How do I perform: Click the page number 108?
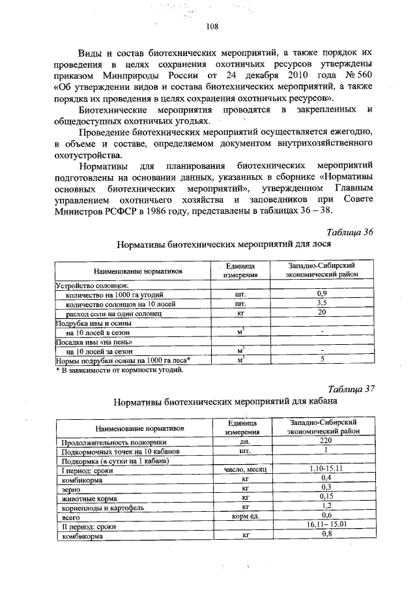tap(210, 26)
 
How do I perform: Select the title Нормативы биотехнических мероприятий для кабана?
tap(225, 402)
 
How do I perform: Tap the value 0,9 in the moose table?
tap(321, 294)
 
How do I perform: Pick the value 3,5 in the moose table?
tap(321, 303)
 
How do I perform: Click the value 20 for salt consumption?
tap(321, 313)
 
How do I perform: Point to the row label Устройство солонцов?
tap(91, 285)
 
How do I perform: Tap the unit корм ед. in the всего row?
tap(246, 515)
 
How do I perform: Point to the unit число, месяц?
tap(246, 469)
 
